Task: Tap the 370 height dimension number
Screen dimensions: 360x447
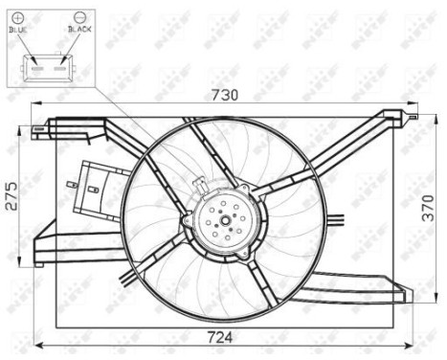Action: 435,215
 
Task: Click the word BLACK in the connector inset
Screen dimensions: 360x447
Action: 78,30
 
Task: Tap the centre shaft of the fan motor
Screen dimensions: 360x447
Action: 227,223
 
